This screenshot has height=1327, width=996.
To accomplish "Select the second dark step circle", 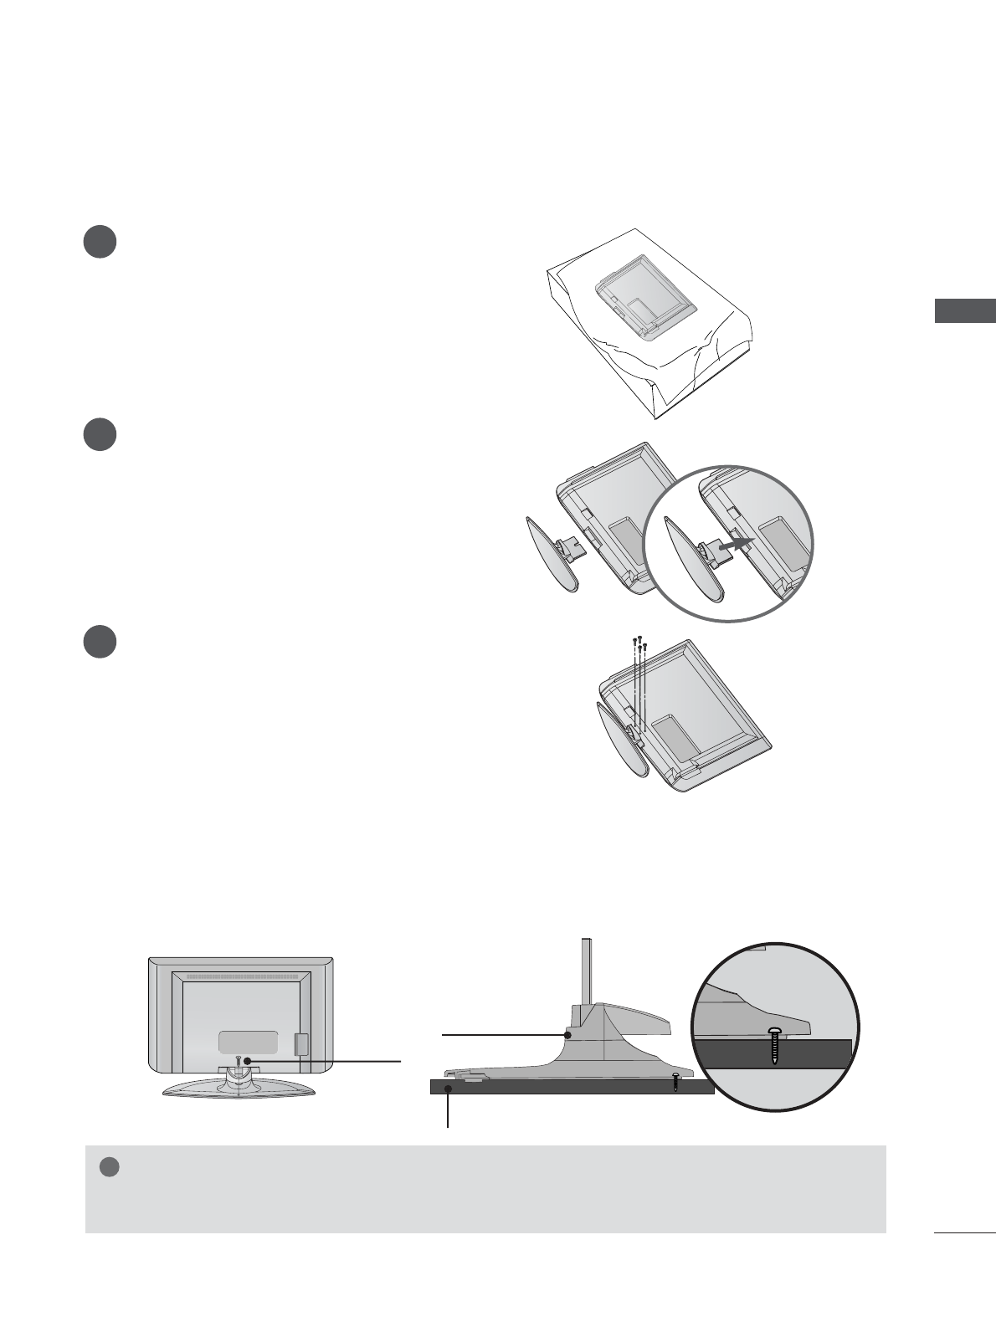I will (100, 435).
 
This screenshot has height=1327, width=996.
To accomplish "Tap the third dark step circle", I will (100, 642).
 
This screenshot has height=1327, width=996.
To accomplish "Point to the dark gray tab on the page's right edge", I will (965, 310).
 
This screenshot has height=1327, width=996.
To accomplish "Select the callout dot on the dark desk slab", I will (449, 1088).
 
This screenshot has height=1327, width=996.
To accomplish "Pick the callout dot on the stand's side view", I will (568, 1035).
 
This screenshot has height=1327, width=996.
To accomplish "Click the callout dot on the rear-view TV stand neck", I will (248, 1062).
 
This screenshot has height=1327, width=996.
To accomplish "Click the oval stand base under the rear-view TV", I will (239, 1088).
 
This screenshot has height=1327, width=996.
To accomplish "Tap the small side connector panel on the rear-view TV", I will (302, 1043).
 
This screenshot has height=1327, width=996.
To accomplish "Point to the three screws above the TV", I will (640, 644).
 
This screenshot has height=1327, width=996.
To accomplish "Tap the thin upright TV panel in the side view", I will (588, 971).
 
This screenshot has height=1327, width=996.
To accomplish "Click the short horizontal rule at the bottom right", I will (963, 1232).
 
